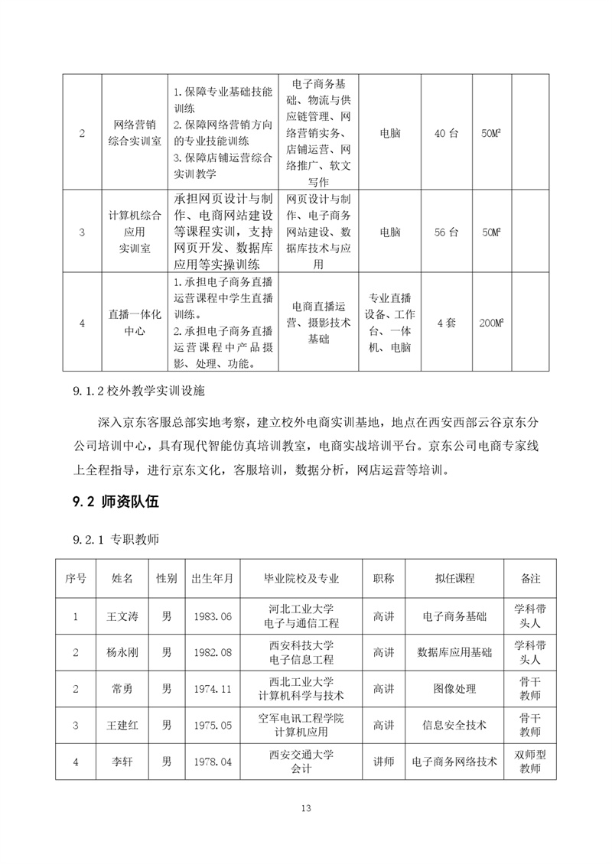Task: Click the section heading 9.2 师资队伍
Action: pyautogui.click(x=115, y=502)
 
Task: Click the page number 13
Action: pyautogui.click(x=306, y=808)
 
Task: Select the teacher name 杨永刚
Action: pyautogui.click(x=122, y=653)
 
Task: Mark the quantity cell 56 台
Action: pyautogui.click(x=446, y=230)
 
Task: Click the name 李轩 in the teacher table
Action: pyautogui.click(x=122, y=762)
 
